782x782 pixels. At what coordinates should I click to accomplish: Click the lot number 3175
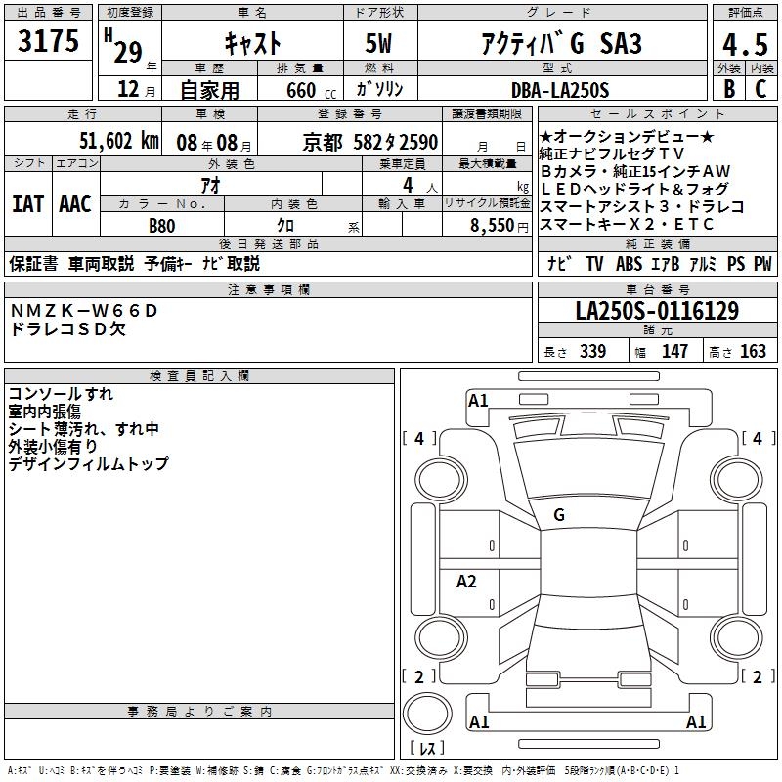click(48, 41)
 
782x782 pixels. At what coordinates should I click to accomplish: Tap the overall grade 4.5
click(745, 44)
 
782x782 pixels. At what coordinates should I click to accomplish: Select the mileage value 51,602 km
click(119, 141)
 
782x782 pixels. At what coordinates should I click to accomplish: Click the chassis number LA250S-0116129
click(657, 311)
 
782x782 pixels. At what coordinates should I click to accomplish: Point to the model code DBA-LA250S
click(560, 90)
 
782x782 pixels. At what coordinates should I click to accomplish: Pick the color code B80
click(161, 226)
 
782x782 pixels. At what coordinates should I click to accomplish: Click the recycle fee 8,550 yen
click(500, 226)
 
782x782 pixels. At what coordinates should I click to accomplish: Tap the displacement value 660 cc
click(311, 90)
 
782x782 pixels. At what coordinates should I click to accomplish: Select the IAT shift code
click(28, 204)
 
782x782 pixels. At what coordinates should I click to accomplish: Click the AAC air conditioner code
click(75, 204)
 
